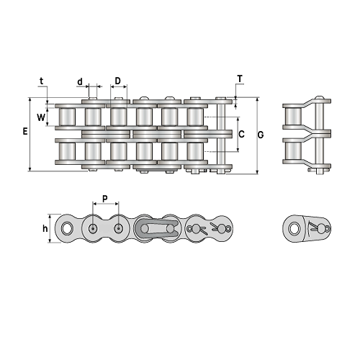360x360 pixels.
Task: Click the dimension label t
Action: coord(42,81)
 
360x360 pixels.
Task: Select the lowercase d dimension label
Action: coord(80,82)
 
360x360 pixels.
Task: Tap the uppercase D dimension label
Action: coord(117,81)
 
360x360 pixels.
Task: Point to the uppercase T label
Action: coord(240,78)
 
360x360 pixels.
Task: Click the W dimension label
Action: coord(41,117)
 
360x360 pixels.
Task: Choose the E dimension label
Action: coord(25,131)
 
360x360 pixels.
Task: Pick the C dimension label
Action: coord(241,134)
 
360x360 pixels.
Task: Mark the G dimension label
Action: coord(261,135)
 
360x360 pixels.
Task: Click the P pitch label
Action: coord(105,199)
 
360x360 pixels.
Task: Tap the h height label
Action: coord(45,228)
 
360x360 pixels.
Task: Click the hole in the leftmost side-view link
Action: coord(66,228)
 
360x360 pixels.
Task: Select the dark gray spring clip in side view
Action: coord(156,228)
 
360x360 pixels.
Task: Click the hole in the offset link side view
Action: coord(294,228)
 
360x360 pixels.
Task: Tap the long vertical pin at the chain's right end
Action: coord(221,135)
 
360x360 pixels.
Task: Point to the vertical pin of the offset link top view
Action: coord(319,135)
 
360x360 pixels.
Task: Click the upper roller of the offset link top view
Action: coord(293,117)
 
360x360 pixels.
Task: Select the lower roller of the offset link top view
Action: coord(293,151)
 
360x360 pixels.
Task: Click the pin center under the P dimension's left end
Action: coord(93,228)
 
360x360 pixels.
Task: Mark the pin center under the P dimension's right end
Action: coord(118,228)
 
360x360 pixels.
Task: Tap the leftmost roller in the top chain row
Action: coord(68,117)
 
